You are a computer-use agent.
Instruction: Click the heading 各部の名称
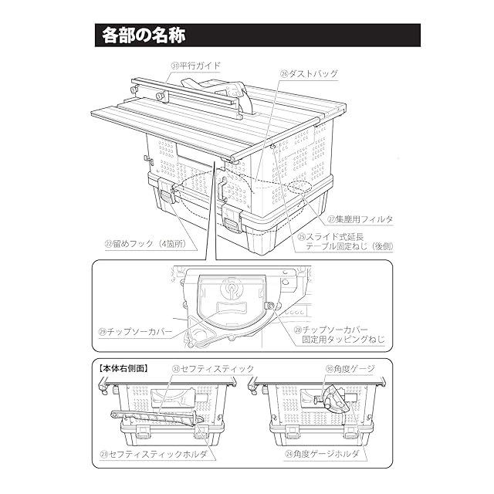[x=143, y=36]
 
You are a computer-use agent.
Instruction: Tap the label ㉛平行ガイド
[x=197, y=66]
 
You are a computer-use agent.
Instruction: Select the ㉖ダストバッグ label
[x=309, y=74]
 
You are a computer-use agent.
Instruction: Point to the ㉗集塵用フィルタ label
[x=359, y=219]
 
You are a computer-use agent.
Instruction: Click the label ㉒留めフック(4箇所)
[x=150, y=245]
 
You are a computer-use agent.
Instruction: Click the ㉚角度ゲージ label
[x=351, y=369]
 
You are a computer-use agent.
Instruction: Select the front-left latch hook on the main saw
[x=165, y=195]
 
